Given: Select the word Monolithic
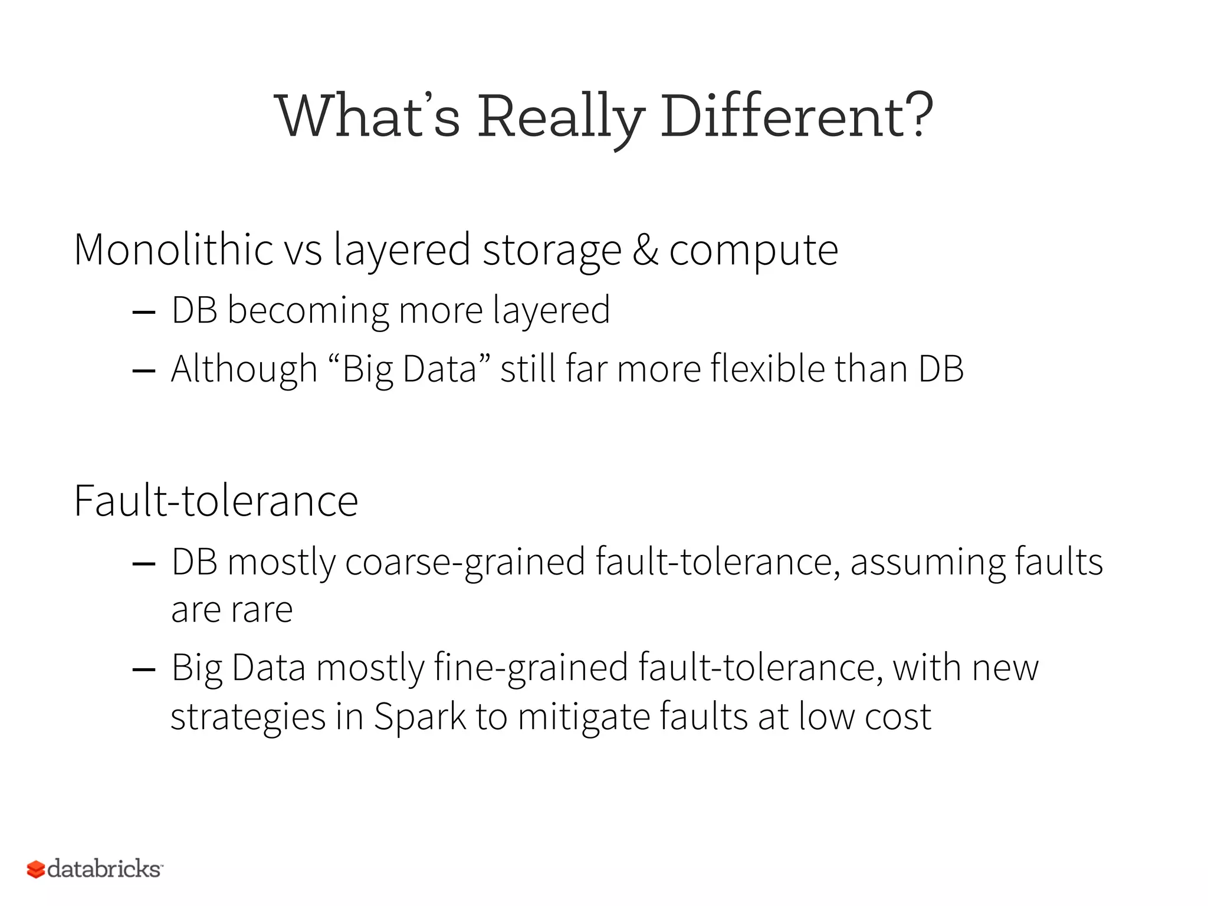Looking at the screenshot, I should [x=173, y=250].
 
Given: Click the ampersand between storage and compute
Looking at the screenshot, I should [x=645, y=250].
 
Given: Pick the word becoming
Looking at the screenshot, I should [x=308, y=311].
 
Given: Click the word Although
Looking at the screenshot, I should [x=244, y=370].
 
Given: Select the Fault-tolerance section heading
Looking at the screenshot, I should [x=216, y=501].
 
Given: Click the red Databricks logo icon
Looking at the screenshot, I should [x=36, y=869].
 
